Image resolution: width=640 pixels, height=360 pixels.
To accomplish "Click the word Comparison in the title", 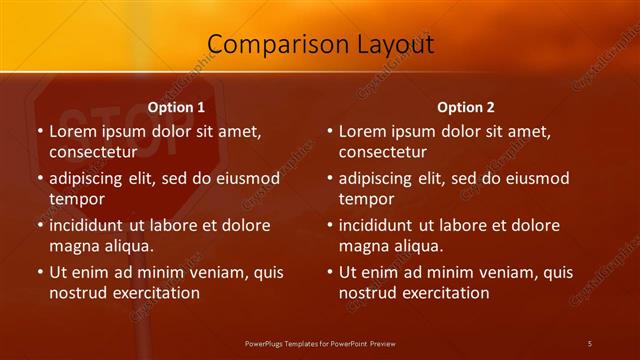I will point(266,44).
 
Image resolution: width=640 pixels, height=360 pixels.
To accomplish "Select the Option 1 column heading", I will point(176,107).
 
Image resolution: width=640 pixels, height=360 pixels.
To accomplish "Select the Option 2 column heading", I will point(466,107).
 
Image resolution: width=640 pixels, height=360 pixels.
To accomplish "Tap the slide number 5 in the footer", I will point(590,344).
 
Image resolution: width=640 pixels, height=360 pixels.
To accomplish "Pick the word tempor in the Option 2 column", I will point(366,199).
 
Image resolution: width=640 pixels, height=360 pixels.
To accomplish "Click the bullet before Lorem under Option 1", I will point(39,132).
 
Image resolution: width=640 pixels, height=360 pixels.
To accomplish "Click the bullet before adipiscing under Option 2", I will point(329,179).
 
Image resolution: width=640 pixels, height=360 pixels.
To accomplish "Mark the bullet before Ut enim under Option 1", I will point(39,272).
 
